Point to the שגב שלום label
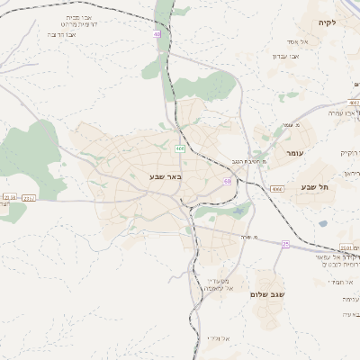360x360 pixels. [x=269, y=294]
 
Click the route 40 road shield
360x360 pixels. [x=157, y=34]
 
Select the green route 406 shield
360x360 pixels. [x=180, y=148]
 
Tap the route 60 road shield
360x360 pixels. [x=229, y=182]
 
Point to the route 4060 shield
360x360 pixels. [x=275, y=189]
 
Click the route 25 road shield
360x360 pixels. [x=285, y=243]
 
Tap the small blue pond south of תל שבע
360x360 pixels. [x=321, y=222]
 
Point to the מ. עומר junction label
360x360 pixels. [x=290, y=125]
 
